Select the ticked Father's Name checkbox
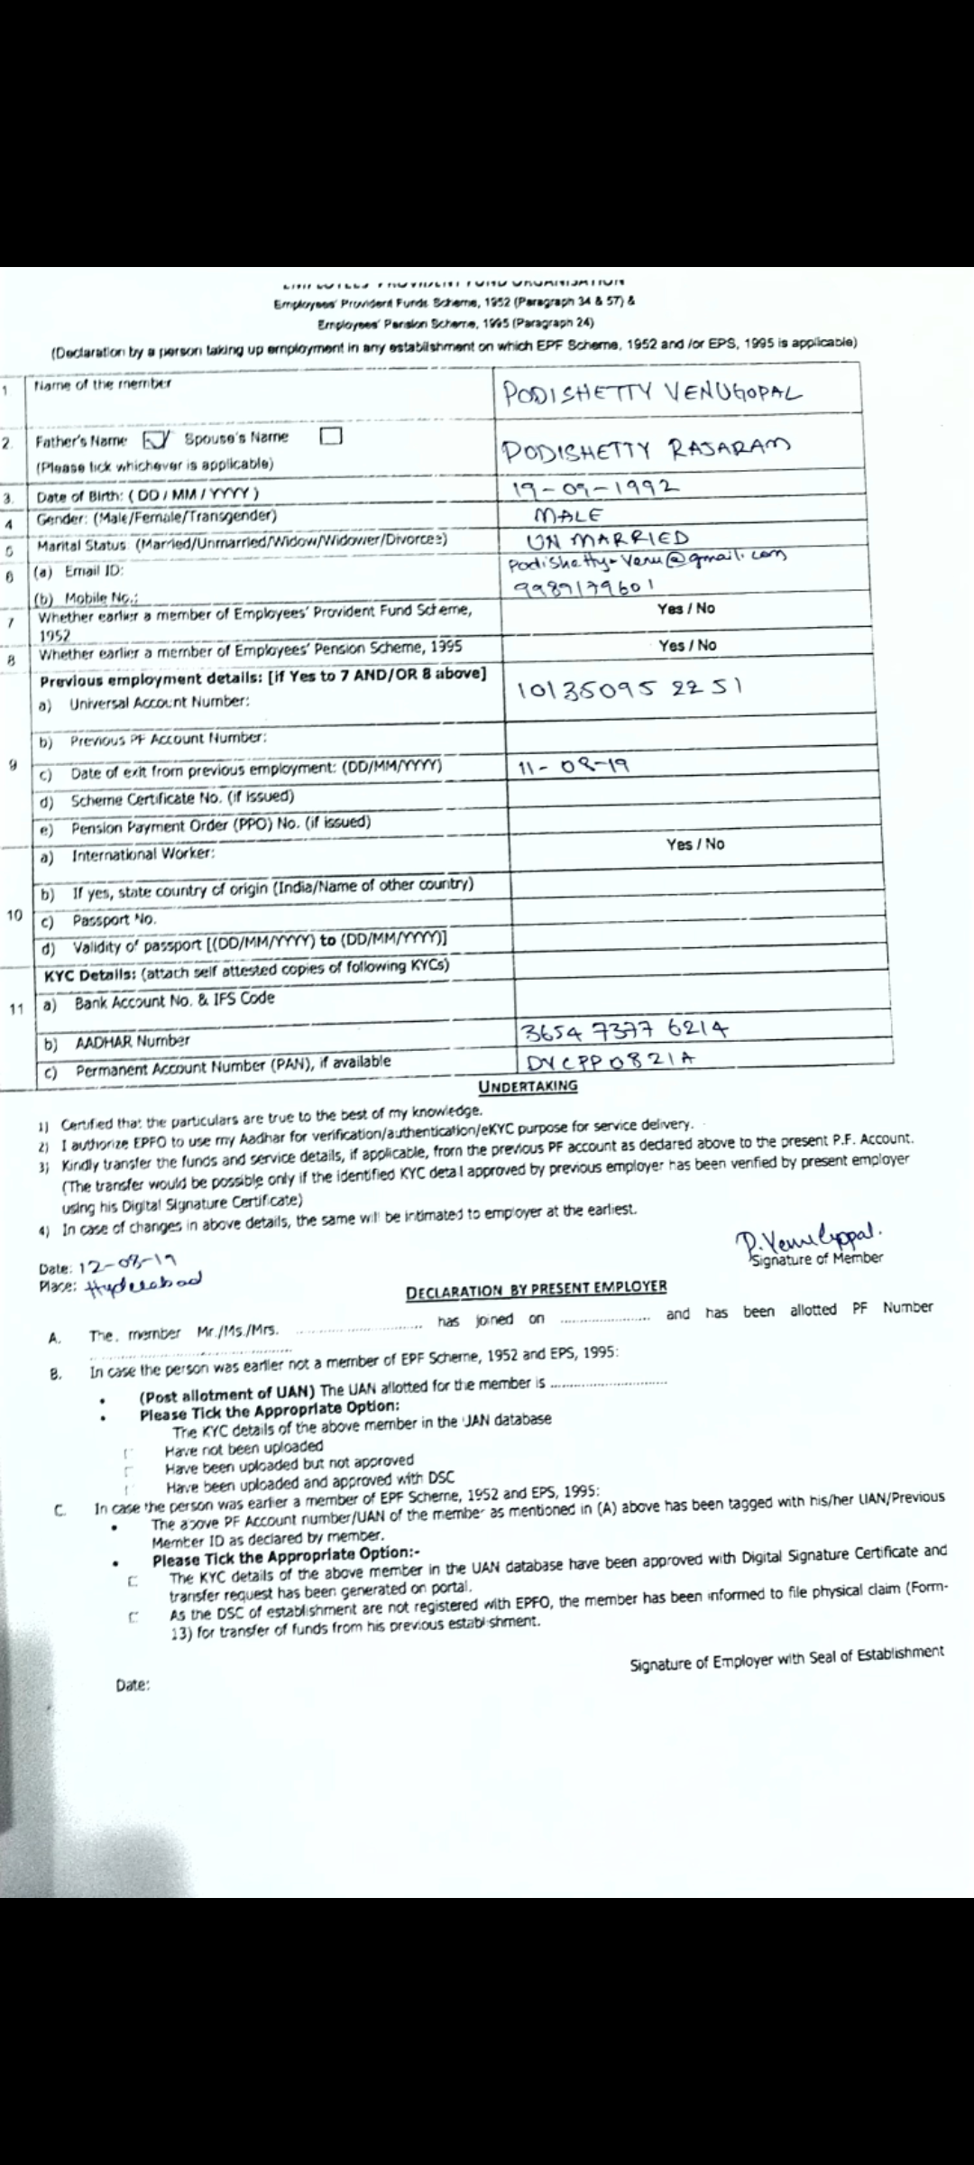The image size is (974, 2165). (x=155, y=439)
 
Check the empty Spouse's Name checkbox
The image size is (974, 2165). (x=331, y=437)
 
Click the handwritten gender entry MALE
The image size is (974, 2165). (x=569, y=516)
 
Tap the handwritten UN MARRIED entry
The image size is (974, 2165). (x=608, y=539)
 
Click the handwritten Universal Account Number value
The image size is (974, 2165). (x=629, y=690)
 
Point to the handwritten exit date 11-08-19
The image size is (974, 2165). (x=574, y=768)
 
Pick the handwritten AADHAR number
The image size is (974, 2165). (x=624, y=1030)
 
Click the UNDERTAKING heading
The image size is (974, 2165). (x=528, y=1086)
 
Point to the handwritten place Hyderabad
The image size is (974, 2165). (x=143, y=1282)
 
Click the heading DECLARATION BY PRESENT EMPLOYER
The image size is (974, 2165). (x=536, y=1288)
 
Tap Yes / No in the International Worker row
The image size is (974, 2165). (x=695, y=844)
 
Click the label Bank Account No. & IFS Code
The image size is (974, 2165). (x=174, y=1000)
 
